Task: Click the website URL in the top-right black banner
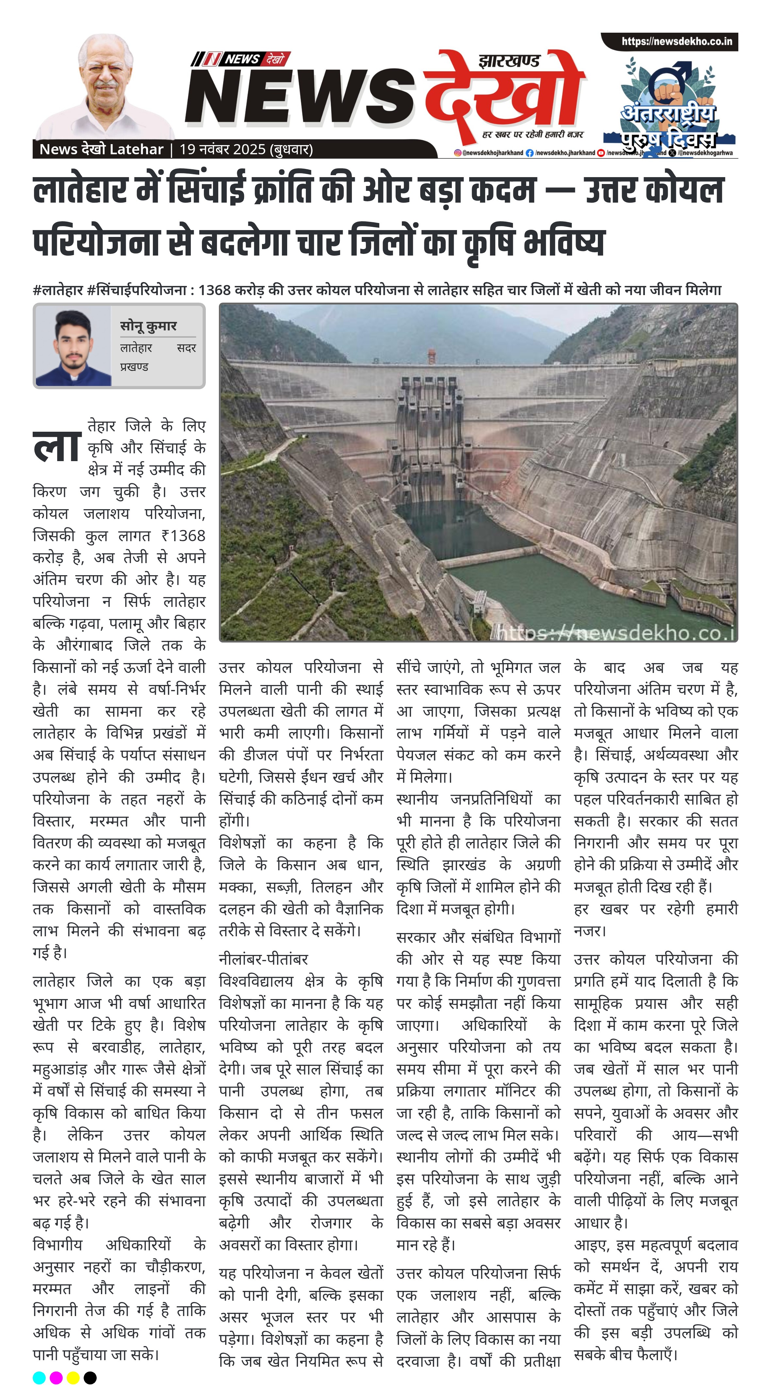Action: (676, 42)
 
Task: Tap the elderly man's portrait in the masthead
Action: (106, 89)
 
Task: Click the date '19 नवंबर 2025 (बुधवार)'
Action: (246, 149)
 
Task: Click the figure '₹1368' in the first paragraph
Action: (183, 536)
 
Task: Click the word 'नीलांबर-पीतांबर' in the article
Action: (263, 959)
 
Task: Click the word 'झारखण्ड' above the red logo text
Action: (509, 61)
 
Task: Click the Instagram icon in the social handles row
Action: (458, 153)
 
